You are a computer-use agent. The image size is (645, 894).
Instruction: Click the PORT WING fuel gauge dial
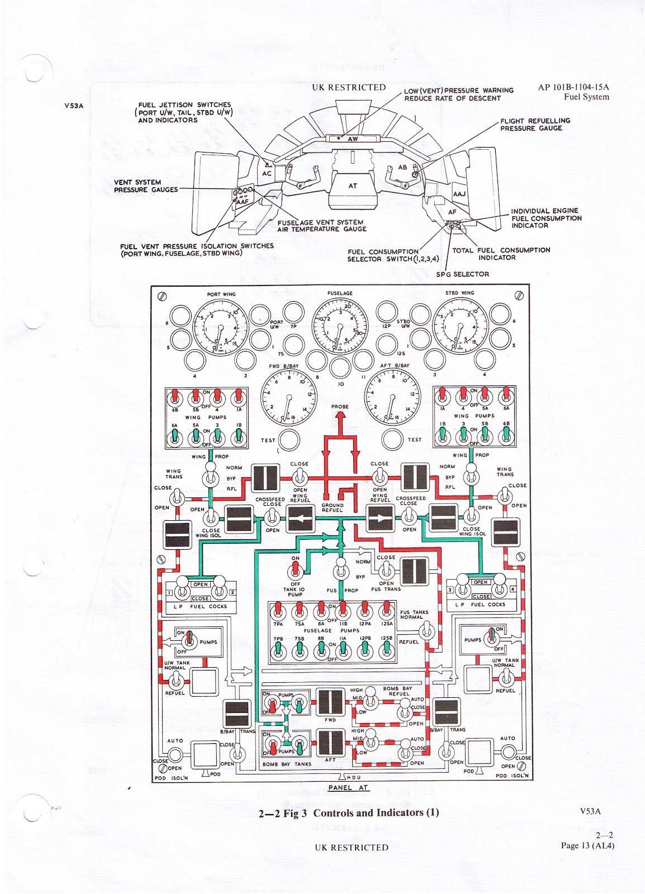click(x=221, y=327)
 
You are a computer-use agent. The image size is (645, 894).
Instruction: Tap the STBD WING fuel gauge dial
click(x=461, y=327)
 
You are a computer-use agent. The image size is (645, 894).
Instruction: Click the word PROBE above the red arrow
click(x=340, y=407)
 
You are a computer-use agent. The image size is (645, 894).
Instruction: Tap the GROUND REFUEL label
click(x=333, y=508)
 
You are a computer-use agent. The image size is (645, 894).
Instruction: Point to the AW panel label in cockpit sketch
click(x=353, y=139)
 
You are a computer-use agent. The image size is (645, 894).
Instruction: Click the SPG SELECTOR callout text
click(x=462, y=274)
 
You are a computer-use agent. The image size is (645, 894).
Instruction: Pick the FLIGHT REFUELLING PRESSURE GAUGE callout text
click(x=535, y=125)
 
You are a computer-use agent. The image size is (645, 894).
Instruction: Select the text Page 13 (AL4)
click(x=587, y=845)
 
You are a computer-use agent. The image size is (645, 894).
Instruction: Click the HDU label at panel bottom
click(x=353, y=778)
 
